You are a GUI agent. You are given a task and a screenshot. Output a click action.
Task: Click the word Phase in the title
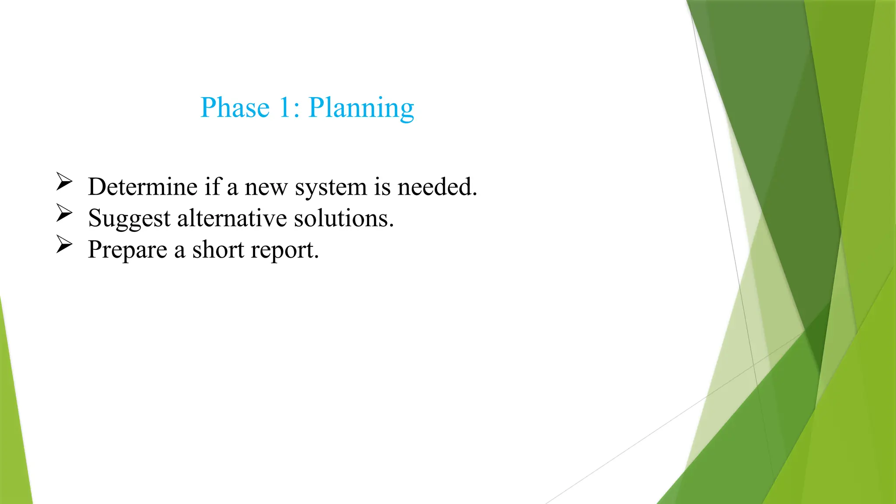(x=234, y=108)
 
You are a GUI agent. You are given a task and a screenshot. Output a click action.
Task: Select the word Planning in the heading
(x=361, y=108)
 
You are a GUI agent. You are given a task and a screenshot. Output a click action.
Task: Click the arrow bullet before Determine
(x=64, y=182)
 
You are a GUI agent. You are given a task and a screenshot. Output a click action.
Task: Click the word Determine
(x=143, y=187)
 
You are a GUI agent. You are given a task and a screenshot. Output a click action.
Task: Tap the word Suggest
(x=129, y=219)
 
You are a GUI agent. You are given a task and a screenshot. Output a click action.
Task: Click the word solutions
(x=343, y=218)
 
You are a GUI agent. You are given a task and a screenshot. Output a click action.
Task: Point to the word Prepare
(x=127, y=250)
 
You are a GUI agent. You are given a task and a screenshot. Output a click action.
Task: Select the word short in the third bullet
(x=218, y=249)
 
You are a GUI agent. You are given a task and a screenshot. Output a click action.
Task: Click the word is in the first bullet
(x=382, y=187)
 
